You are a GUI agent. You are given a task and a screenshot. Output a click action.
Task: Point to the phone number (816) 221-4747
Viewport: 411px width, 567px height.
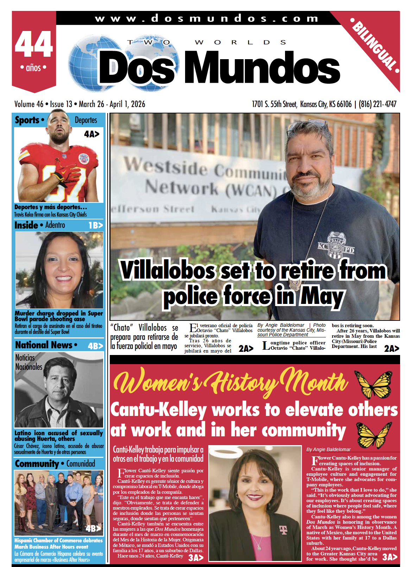pyautogui.click(x=378, y=104)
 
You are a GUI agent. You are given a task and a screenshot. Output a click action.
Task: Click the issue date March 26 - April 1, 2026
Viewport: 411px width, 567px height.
pyautogui.click(x=112, y=104)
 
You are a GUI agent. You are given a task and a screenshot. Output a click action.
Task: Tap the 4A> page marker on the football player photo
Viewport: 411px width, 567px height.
pyautogui.click(x=91, y=134)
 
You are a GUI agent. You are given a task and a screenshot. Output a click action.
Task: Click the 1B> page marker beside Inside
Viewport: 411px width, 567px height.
pyautogui.click(x=95, y=225)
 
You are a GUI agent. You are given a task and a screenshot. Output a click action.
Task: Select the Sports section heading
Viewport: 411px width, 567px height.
pyautogui.click(x=27, y=120)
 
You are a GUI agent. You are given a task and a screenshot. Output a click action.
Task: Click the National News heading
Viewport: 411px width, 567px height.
pyautogui.click(x=44, y=345)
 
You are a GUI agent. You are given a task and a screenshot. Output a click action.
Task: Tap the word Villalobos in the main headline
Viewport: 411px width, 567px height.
pyautogui.click(x=167, y=270)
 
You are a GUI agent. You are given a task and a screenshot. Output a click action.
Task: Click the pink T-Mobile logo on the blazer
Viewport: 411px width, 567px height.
pyautogui.click(x=283, y=529)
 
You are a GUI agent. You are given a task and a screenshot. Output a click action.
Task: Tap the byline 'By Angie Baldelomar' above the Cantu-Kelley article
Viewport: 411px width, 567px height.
pyautogui.click(x=328, y=449)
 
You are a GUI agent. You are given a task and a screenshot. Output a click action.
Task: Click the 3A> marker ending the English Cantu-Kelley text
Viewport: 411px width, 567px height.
pyautogui.click(x=390, y=557)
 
